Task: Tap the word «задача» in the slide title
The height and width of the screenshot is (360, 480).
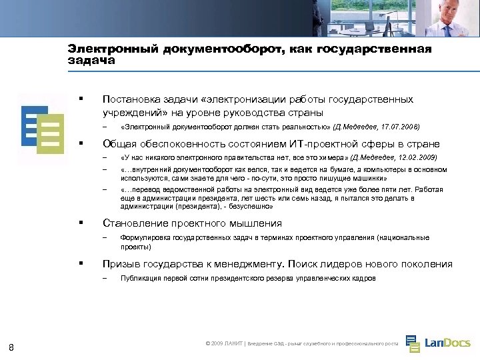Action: pyautogui.click(x=91, y=60)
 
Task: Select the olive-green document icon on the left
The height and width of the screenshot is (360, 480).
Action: pyautogui.click(x=51, y=133)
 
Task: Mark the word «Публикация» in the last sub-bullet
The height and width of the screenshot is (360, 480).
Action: pyautogui.click(x=139, y=279)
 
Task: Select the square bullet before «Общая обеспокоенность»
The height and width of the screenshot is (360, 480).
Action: pyautogui.click(x=80, y=142)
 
